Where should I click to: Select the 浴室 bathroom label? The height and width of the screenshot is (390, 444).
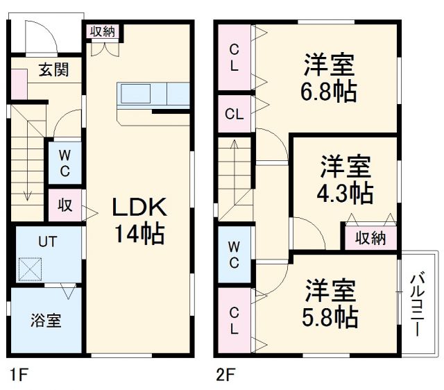[45, 321]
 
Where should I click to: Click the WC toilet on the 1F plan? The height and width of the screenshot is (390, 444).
[63, 162]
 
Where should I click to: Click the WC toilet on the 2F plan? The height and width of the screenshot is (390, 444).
[234, 254]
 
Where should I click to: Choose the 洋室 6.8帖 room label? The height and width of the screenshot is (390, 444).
[329, 78]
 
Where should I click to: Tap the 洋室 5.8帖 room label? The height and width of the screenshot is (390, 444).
[330, 303]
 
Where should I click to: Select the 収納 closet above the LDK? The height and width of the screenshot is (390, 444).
[103, 31]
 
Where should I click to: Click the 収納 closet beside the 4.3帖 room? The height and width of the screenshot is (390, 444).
[370, 238]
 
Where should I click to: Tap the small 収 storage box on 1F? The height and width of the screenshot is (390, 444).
[65, 205]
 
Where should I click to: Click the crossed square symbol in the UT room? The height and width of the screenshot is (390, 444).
[31, 269]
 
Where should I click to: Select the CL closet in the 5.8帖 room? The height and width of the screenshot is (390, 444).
[234, 320]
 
